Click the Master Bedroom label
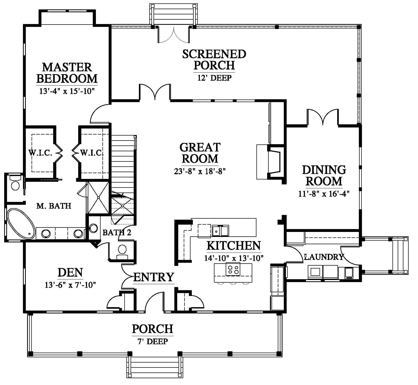pos(67,73)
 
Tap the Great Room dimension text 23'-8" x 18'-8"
pos(200,171)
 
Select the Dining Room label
pos(324,175)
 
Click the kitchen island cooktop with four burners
pos(233,270)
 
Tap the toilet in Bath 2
pos(122,252)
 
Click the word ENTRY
pos(153,277)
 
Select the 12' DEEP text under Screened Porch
pos(214,78)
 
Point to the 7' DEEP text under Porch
pos(153,341)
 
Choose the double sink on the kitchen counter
pos(220,231)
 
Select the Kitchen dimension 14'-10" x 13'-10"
pos(234,258)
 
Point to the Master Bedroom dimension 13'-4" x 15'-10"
pos(67,91)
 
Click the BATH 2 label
pos(117,232)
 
